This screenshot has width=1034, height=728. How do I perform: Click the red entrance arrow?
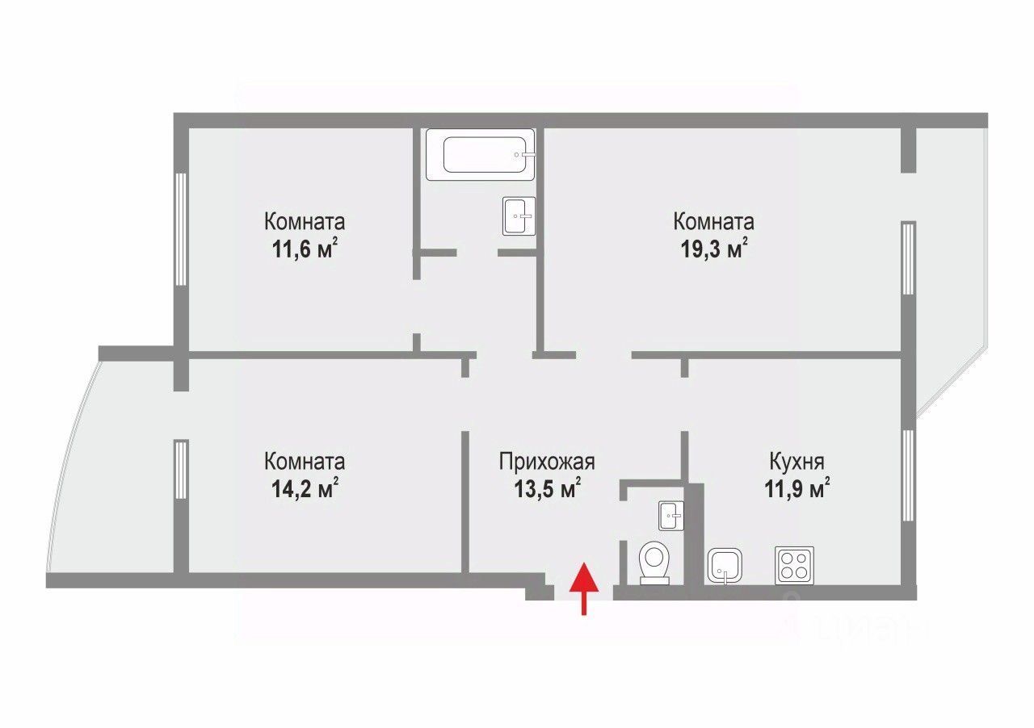[584, 588]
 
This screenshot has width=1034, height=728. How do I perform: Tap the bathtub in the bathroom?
[480, 154]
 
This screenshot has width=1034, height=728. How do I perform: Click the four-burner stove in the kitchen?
[794, 566]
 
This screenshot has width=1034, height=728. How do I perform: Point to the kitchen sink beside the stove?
[725, 566]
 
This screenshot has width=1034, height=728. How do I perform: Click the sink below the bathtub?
[519, 216]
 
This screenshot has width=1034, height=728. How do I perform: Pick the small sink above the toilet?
[671, 515]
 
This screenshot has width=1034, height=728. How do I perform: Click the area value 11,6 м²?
[305, 249]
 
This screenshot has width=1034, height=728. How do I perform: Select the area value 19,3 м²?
[714, 249]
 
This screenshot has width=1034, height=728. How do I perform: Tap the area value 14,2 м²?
[305, 489]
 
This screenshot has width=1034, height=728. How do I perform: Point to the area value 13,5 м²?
[547, 489]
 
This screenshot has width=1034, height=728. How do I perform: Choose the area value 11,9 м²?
[797, 489]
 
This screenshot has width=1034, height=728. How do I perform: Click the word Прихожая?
[547, 462]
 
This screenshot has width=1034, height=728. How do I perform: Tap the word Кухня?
[797, 462]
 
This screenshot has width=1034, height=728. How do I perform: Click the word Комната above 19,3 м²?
[714, 222]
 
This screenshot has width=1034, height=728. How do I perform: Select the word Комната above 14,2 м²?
[305, 462]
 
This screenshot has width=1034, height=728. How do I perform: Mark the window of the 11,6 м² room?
[181, 229]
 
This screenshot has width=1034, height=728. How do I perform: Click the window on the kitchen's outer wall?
[909, 475]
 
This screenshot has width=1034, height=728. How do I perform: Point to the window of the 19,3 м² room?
[909, 258]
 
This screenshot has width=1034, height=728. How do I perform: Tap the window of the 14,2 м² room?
[181, 469]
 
